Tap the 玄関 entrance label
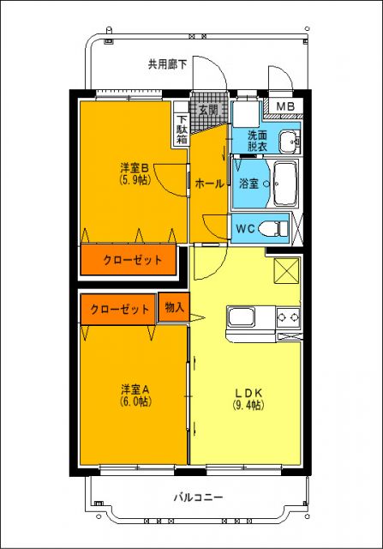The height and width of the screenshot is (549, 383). [208, 110]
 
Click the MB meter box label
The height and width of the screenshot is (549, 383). [286, 107]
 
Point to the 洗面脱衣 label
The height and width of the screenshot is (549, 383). [258, 141]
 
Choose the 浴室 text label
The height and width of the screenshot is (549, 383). [249, 184]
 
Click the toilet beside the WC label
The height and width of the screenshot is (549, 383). [275, 228]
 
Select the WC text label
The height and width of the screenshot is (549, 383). [245, 228]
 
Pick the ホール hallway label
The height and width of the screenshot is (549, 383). [210, 184]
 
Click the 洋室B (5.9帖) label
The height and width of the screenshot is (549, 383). [135, 173]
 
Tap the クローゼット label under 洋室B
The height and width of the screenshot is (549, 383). [132, 260]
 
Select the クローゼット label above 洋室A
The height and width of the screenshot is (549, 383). [119, 309]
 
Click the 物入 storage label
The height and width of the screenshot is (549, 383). [174, 307]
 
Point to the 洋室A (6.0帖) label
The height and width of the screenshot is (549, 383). [135, 394]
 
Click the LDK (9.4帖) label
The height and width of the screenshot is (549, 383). [248, 398]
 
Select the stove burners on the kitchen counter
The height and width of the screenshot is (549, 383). [289, 320]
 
